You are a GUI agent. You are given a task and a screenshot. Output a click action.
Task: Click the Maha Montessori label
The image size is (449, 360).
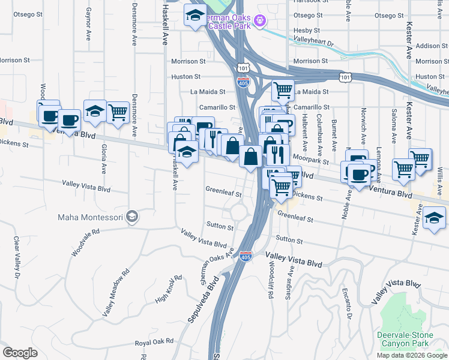click(x=90, y=217)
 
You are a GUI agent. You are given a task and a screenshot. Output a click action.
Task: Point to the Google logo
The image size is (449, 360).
click(x=20, y=353)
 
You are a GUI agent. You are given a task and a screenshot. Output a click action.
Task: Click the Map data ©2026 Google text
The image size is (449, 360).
click(x=411, y=355)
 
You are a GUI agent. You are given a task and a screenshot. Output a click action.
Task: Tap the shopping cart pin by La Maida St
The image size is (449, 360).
click(x=283, y=91)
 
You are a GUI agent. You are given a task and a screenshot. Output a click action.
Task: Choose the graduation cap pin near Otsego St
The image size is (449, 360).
click(x=195, y=16)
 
